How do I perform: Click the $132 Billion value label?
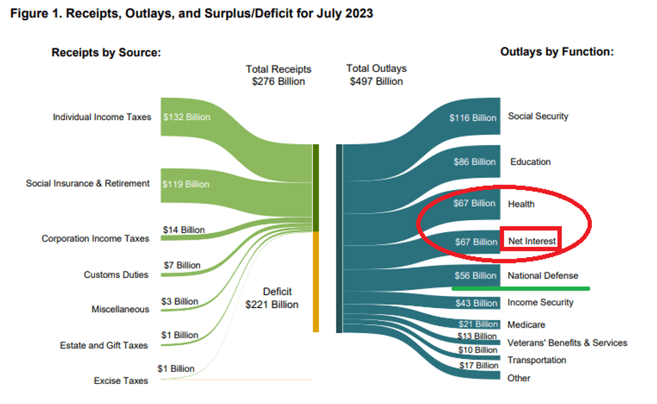pos(186,117)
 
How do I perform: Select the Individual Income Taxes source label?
pos(102,117)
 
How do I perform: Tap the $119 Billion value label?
pos(186,184)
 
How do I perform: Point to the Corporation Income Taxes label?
pos(95,238)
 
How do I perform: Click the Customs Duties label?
pos(116,274)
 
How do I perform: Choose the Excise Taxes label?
pos(121,381)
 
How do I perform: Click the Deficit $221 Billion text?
pos(272,298)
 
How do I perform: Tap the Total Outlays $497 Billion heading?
pos(376,75)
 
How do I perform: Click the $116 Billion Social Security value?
pos(473,117)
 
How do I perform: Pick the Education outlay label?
pos(530,162)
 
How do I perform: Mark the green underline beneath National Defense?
pos(520,289)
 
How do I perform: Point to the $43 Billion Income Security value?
pos(476,303)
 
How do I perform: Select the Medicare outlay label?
pos(526,325)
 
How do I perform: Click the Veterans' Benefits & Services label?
pos(567,343)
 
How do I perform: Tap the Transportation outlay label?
pos(536,360)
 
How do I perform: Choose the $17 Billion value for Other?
pos(477,366)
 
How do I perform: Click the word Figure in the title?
pos(29,13)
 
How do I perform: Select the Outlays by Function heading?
pos(557,52)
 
